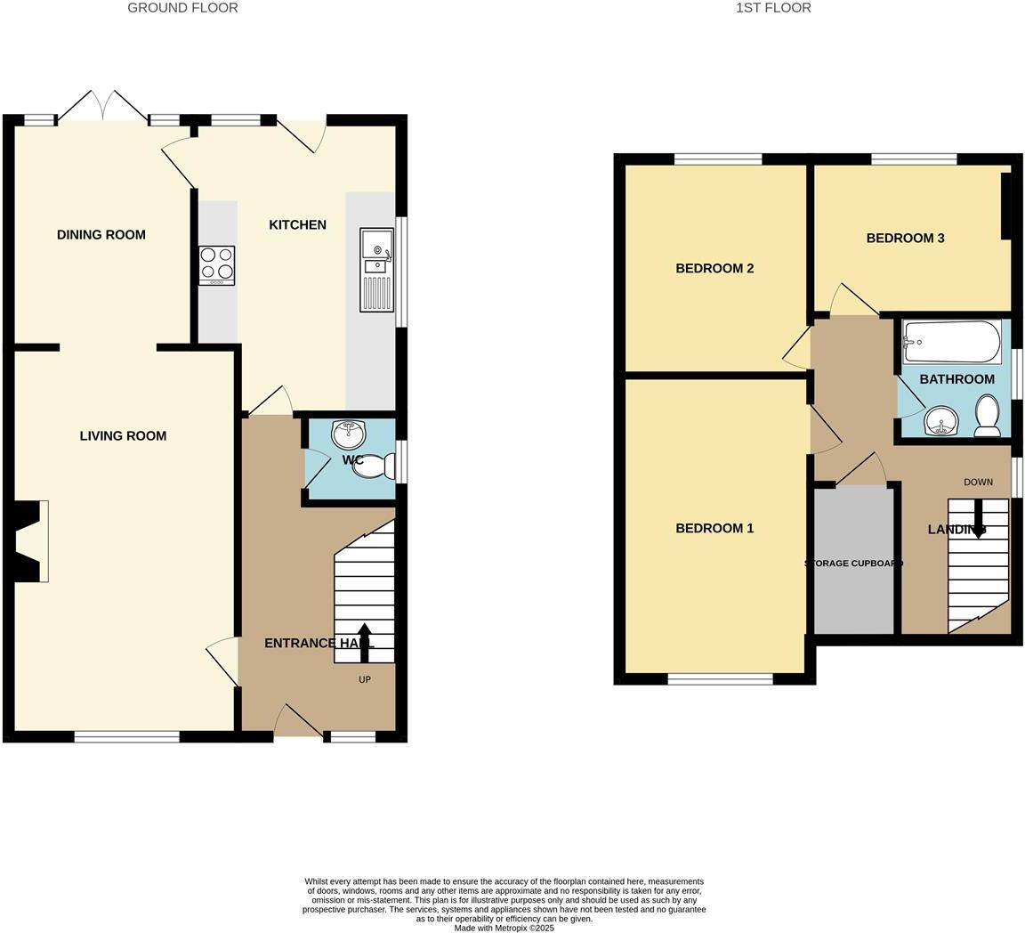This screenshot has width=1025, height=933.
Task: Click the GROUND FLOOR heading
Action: click(x=182, y=8)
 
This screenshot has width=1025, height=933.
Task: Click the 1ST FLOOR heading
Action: click(x=773, y=8)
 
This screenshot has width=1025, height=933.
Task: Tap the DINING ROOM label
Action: click(x=101, y=235)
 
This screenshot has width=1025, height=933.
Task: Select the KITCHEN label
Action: click(x=297, y=225)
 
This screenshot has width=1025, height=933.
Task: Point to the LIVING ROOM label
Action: click(x=123, y=436)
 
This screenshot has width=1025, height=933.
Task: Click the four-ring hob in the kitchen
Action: click(x=217, y=264)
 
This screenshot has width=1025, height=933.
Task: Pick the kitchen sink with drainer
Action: click(x=376, y=270)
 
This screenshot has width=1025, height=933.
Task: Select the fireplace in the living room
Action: click(x=32, y=541)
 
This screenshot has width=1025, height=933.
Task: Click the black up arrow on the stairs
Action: click(x=365, y=642)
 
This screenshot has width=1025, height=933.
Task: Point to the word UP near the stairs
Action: click(x=365, y=680)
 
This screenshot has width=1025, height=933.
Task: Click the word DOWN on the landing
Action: click(x=978, y=483)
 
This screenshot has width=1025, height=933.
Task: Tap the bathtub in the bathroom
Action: click(x=951, y=342)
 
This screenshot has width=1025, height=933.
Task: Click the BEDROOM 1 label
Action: click(x=714, y=529)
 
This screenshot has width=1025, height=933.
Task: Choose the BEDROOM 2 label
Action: click(x=714, y=269)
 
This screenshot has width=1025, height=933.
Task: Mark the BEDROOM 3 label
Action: click(x=905, y=239)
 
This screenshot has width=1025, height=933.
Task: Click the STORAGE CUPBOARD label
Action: click(x=854, y=564)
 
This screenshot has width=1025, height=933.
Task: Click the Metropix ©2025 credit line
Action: click(x=504, y=928)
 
